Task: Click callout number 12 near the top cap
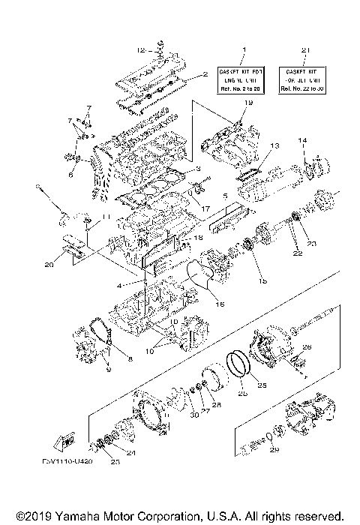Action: coord(140,50)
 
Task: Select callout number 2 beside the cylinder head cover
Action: coord(203,75)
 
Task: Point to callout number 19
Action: coord(248,102)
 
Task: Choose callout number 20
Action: coord(49,264)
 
